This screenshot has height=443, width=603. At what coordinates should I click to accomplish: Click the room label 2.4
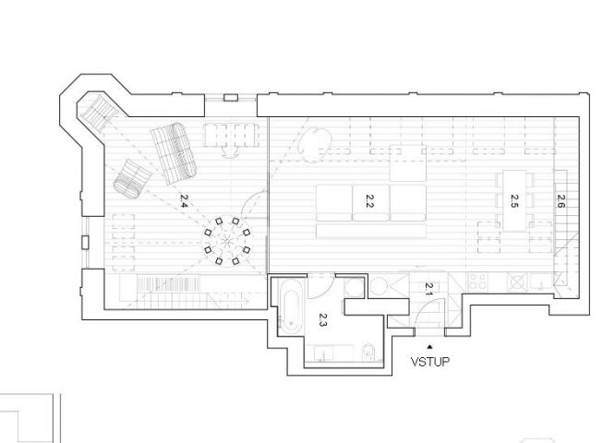(x=184, y=201)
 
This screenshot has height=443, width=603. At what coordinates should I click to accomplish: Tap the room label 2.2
(x=369, y=201)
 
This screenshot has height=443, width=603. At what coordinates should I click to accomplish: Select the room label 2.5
(x=514, y=201)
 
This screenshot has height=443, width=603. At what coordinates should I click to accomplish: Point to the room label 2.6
(x=561, y=201)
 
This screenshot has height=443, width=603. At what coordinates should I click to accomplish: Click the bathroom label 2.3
(x=322, y=319)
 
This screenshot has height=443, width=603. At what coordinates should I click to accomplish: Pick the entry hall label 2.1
(x=428, y=289)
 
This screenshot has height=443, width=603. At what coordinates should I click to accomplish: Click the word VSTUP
(x=430, y=362)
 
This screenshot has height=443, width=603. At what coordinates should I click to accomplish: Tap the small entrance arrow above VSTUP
(x=430, y=347)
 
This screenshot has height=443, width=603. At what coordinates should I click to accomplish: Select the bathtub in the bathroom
(x=291, y=305)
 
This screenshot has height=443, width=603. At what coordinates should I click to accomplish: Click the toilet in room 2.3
(x=368, y=353)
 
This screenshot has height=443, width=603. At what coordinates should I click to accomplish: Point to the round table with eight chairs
(x=227, y=242)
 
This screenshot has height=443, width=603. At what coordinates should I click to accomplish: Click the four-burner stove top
(x=478, y=282)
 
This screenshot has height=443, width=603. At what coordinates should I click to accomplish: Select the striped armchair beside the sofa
(x=133, y=179)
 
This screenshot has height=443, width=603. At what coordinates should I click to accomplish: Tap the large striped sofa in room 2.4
(x=174, y=153)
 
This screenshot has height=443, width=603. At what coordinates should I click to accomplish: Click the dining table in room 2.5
(x=514, y=200)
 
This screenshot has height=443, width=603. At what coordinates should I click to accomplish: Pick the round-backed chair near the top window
(x=231, y=153)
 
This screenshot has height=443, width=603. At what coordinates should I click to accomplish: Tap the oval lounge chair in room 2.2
(x=315, y=144)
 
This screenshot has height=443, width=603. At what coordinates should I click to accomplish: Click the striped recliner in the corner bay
(x=98, y=113)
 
